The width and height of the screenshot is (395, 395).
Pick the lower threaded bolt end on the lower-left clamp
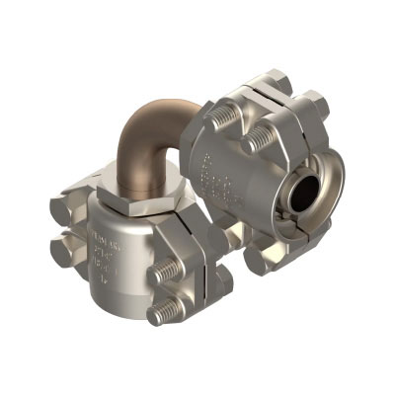point(163,314)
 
